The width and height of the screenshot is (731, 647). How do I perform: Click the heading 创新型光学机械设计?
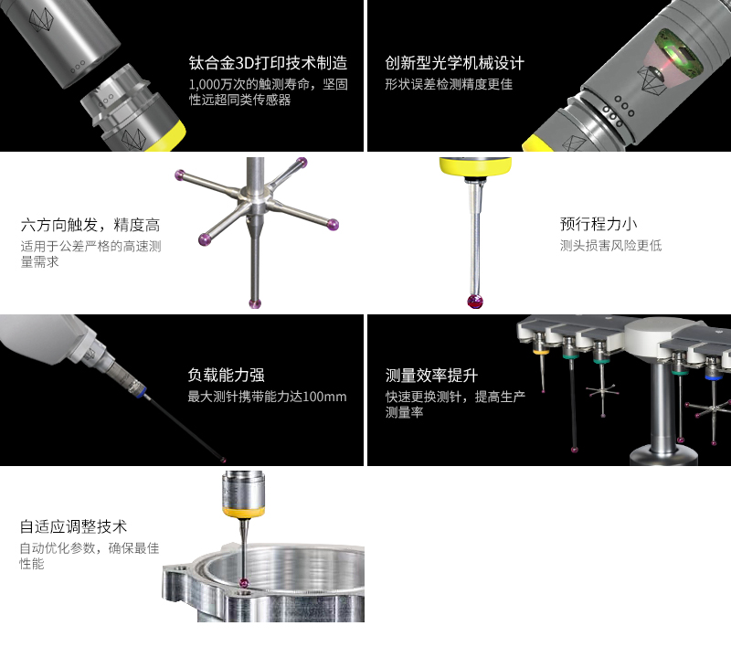pyautogui.click(x=454, y=64)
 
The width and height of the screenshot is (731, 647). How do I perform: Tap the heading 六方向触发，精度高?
pyautogui.click(x=90, y=225)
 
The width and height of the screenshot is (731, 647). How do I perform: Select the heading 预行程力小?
pyautogui.click(x=599, y=224)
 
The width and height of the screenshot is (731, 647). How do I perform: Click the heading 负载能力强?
pyautogui.click(x=226, y=376)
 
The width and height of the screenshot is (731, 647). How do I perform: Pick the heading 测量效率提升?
pyautogui.click(x=431, y=376)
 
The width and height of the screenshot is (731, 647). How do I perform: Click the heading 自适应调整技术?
pyautogui.click(x=73, y=527)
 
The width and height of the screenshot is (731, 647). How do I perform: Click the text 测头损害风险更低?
pyautogui.click(x=610, y=246)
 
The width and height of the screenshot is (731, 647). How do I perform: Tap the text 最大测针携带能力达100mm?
pyautogui.click(x=267, y=398)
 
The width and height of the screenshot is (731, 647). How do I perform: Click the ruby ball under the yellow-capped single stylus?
pyautogui.click(x=473, y=302)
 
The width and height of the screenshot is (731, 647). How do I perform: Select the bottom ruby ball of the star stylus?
pyautogui.click(x=255, y=303)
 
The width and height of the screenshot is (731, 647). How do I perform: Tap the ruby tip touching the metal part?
pyautogui.click(x=244, y=585)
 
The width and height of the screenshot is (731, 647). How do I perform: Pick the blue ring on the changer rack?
pyautogui.click(x=714, y=374)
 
